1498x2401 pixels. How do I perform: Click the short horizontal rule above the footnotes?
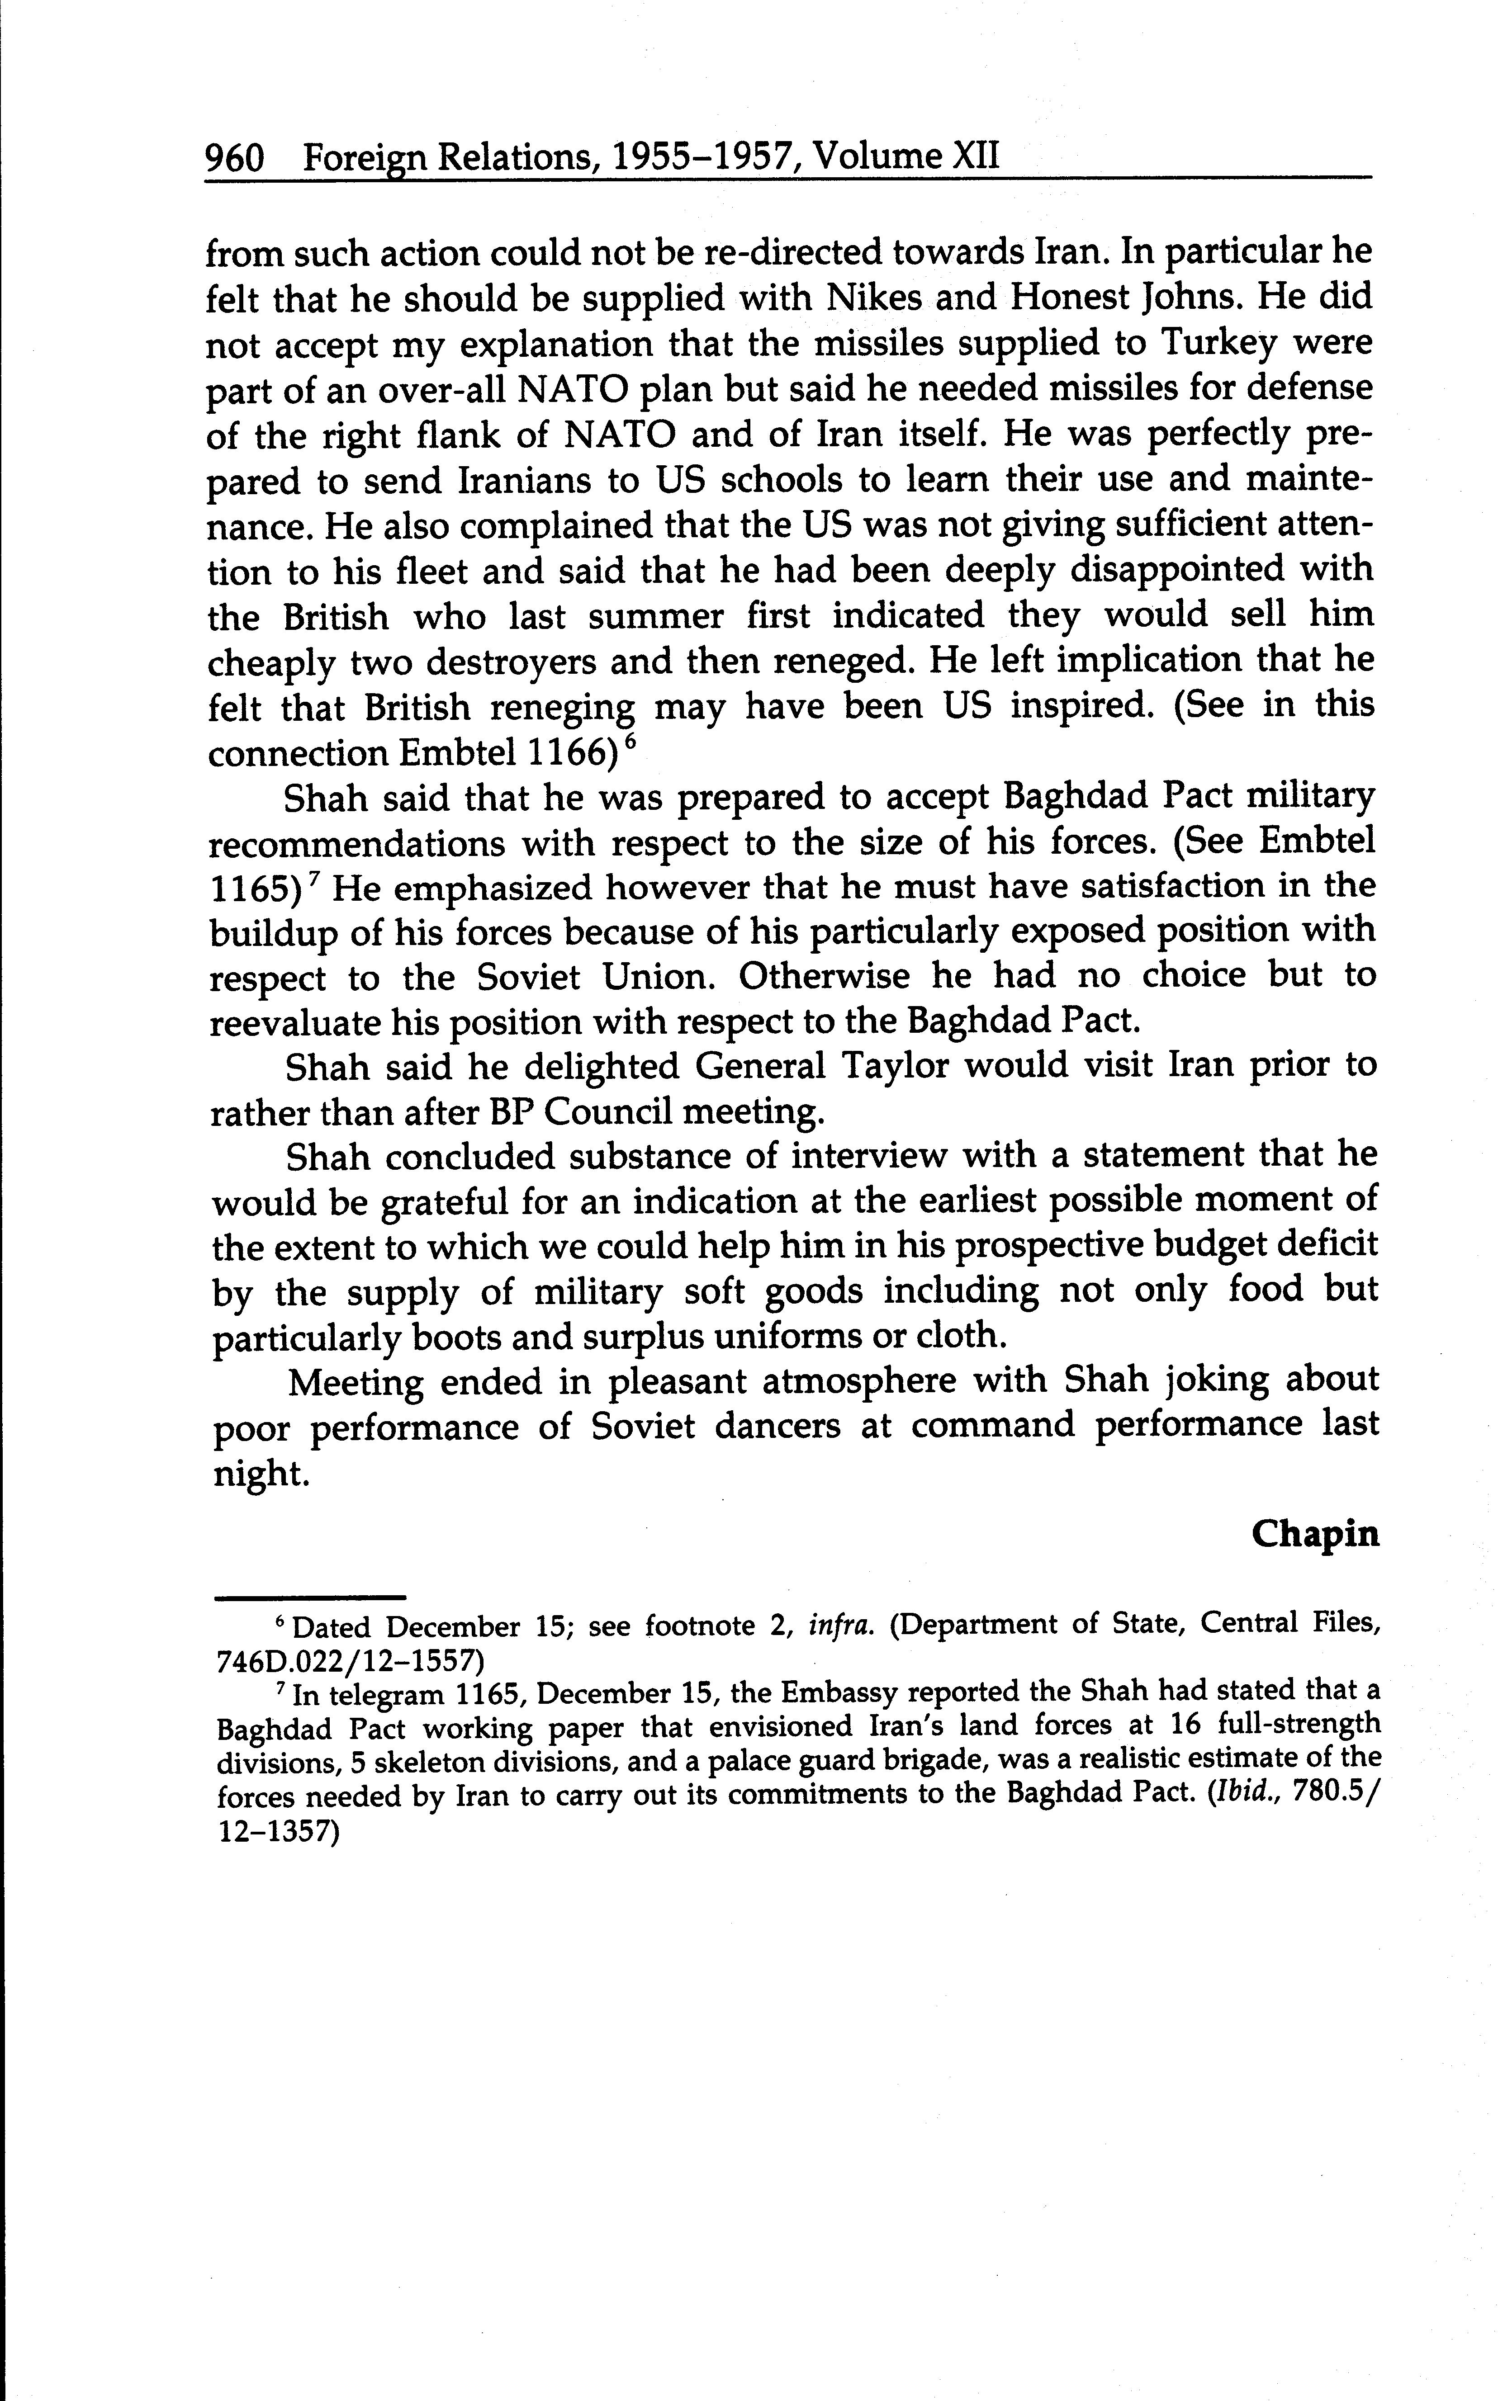click(x=310, y=1597)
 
